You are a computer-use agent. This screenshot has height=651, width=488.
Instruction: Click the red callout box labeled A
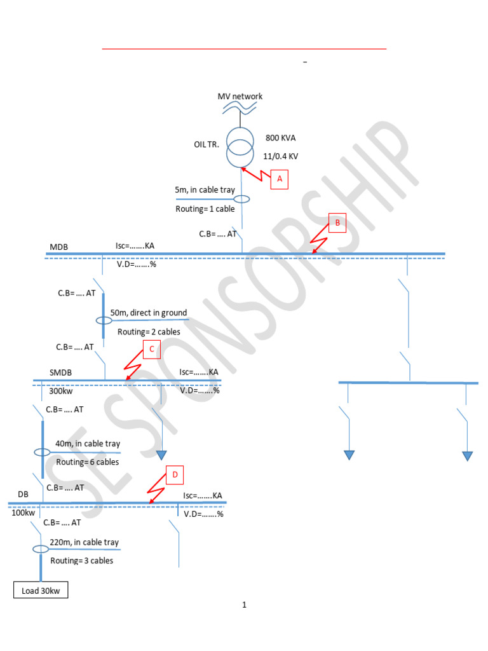[x=278, y=180]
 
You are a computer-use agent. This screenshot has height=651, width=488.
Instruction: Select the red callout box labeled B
[x=337, y=223]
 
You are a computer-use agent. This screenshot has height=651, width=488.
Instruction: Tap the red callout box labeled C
[x=151, y=349]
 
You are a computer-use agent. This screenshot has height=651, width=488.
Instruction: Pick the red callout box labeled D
[x=175, y=474]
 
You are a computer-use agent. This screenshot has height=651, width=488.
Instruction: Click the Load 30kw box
[x=41, y=591]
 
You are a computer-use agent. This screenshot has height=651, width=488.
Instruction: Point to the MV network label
[x=240, y=97]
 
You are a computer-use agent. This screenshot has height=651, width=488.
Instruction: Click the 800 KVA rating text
[x=280, y=138]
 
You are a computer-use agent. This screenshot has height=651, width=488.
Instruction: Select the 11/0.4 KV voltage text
[x=280, y=156]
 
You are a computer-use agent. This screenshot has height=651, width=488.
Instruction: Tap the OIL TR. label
[x=207, y=144]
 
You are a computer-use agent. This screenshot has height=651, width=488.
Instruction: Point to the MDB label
[x=58, y=247]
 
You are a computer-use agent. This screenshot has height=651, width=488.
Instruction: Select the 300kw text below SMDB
[x=62, y=391]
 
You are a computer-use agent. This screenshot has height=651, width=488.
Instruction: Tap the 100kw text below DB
[x=23, y=512]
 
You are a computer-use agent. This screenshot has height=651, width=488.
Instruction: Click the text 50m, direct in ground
[x=149, y=313]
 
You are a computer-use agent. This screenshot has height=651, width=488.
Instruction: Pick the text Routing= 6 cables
[x=87, y=462]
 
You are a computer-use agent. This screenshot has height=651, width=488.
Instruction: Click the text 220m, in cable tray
[x=84, y=542]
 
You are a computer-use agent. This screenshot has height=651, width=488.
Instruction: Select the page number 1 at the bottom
[x=244, y=605]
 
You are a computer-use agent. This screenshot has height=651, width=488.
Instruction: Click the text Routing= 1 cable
[x=205, y=209]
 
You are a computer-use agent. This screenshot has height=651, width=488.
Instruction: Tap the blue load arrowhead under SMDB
[x=161, y=455]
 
